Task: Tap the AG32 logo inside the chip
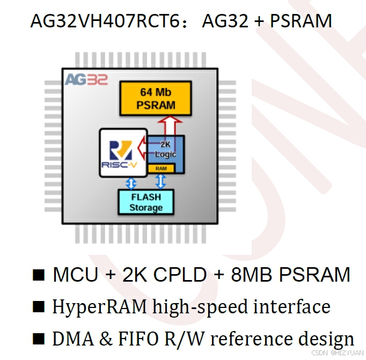tap(86, 80)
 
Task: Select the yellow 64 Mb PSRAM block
tap(156, 98)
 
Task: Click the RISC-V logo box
tap(123, 152)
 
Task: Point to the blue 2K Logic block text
tap(166, 150)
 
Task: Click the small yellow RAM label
tap(161, 168)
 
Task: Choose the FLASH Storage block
tap(145, 202)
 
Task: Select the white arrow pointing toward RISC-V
tap(143, 146)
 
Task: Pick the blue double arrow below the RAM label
tap(160, 181)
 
